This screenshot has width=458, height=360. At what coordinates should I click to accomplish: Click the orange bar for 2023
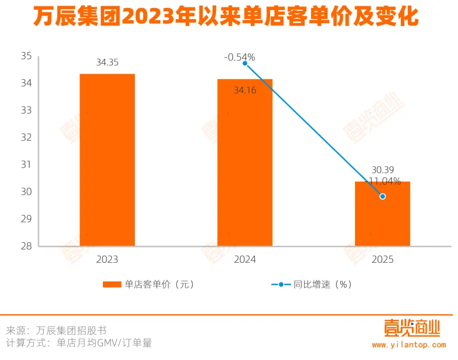click(107, 159)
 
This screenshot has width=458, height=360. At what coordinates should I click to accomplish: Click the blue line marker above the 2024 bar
click(245, 63)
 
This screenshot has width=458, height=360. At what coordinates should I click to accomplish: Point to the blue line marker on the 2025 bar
click(383, 196)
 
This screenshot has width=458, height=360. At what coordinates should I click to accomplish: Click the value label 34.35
click(107, 63)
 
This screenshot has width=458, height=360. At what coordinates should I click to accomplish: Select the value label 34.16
click(245, 91)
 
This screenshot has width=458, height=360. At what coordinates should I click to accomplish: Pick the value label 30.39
click(382, 170)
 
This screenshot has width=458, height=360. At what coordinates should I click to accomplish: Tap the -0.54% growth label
click(240, 57)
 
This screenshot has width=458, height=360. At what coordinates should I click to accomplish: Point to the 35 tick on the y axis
click(27, 56)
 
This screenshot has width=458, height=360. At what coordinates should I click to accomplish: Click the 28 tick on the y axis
click(27, 246)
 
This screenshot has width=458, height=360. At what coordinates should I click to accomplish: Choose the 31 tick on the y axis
click(27, 165)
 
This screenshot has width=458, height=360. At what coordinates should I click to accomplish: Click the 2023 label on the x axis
click(107, 260)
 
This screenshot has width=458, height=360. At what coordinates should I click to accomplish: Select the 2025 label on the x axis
click(383, 260)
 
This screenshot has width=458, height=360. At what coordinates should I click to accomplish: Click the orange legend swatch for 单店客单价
click(112, 285)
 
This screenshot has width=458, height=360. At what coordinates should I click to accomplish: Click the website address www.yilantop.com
click(409, 345)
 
